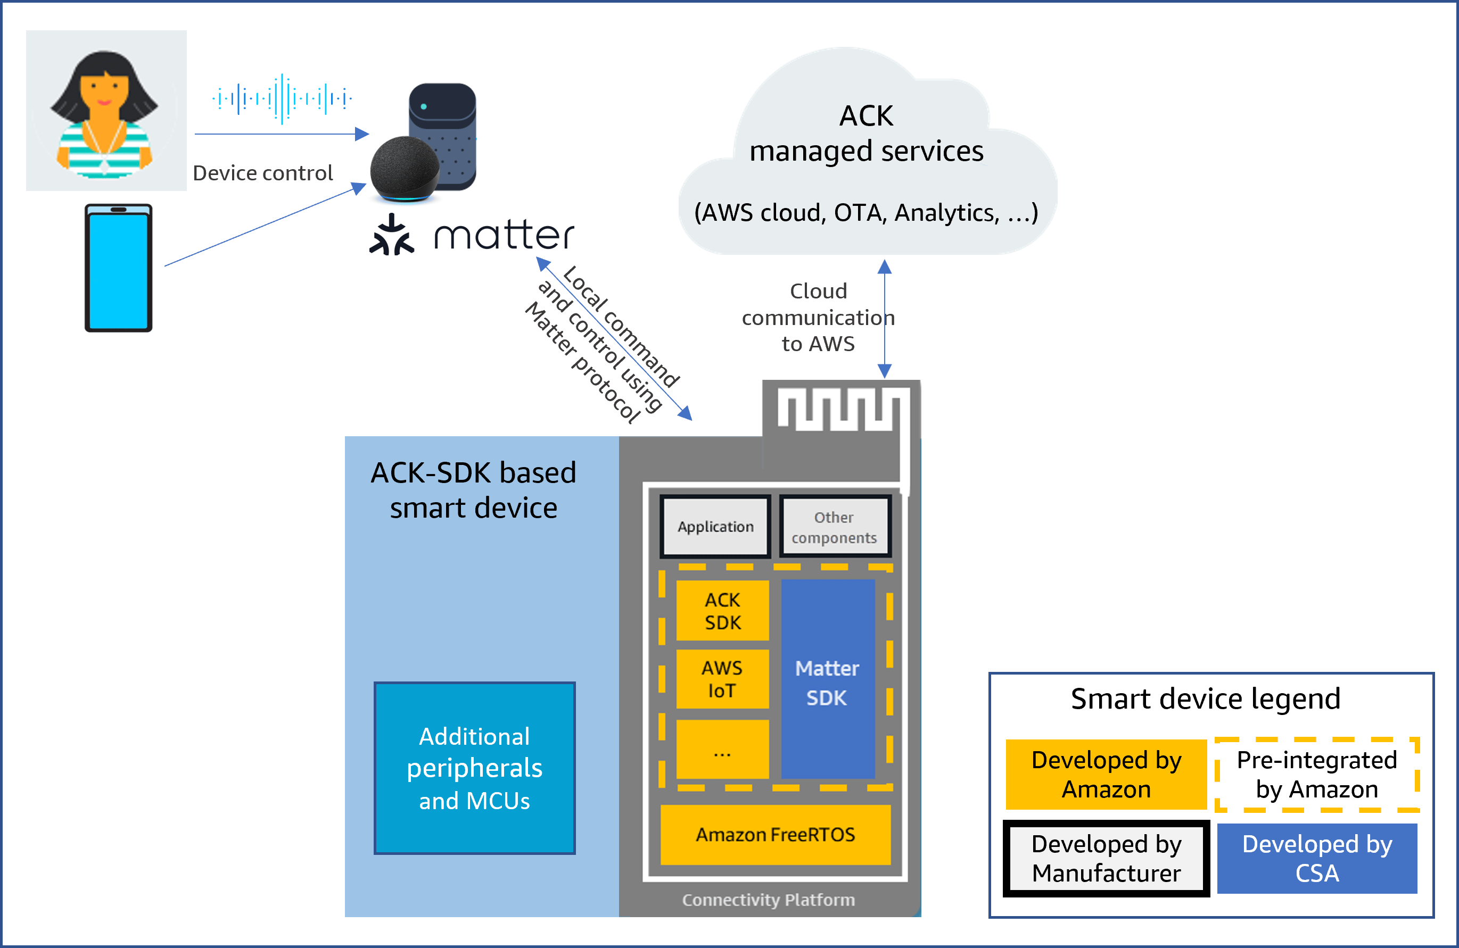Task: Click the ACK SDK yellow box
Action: click(x=722, y=611)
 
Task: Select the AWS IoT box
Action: click(x=722, y=679)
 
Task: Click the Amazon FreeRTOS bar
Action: click(x=775, y=835)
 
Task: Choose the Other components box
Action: click(x=834, y=527)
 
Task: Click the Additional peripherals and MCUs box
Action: click(x=474, y=768)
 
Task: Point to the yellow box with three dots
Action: click(x=722, y=750)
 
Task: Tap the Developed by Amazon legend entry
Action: click(x=1106, y=775)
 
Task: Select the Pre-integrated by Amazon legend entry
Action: click(x=1317, y=775)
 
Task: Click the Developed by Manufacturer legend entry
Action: click(x=1106, y=859)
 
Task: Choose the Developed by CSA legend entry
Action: click(x=1317, y=859)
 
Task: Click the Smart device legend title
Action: click(x=1205, y=698)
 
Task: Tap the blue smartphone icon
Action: click(x=118, y=268)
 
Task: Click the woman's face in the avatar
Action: click(x=105, y=92)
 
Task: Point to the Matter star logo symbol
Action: click(x=392, y=235)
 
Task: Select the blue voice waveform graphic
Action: click(x=282, y=98)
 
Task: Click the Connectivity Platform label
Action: click(x=768, y=900)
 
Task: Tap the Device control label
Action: click(x=262, y=173)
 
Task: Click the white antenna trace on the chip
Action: click(x=840, y=411)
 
